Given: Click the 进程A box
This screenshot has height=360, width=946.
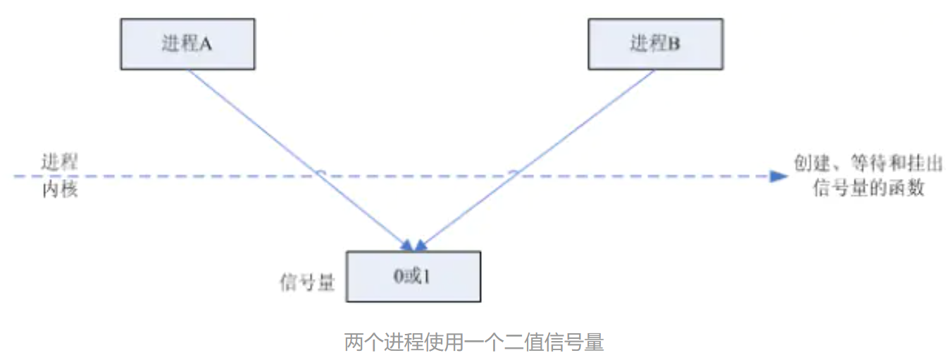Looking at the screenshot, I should (x=187, y=44).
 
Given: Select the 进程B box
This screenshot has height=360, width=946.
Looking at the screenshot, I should (x=655, y=44).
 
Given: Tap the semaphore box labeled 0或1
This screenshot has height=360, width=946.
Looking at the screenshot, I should (x=413, y=277).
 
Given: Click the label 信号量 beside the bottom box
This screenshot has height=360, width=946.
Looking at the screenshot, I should (x=307, y=283).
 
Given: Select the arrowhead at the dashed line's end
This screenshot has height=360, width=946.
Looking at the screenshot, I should (x=778, y=176).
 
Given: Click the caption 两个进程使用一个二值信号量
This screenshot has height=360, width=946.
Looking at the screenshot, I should (x=473, y=343).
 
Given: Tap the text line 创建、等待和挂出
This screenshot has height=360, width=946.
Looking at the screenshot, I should (x=867, y=163).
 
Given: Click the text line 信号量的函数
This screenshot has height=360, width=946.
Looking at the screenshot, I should (x=867, y=188).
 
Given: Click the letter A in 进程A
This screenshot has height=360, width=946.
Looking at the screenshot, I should (x=206, y=44).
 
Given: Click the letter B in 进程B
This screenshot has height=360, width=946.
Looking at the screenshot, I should (x=674, y=44).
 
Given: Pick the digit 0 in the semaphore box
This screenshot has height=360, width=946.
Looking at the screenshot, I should (x=399, y=277).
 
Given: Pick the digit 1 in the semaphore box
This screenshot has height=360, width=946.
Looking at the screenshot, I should (x=427, y=277).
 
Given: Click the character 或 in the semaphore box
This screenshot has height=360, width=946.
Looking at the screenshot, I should (x=413, y=277).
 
